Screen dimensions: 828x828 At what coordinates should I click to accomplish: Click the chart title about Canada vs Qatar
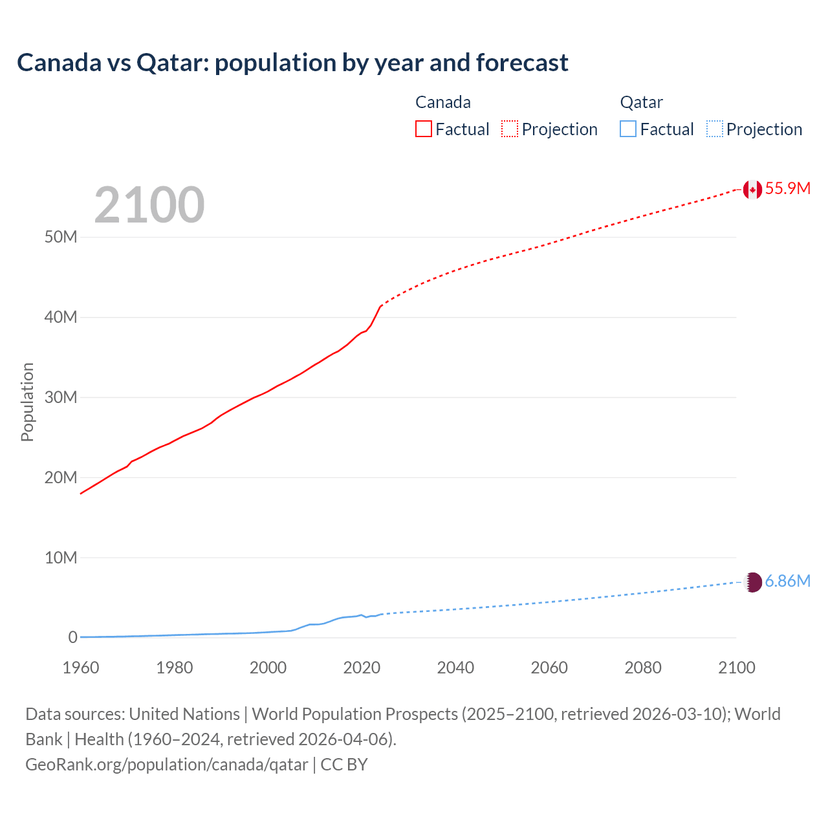coord(292,63)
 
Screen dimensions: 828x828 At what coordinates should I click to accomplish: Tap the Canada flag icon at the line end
coord(752,189)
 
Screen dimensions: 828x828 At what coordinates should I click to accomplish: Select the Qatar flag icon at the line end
coord(752,582)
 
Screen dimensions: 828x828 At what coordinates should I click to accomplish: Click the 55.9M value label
coord(787,188)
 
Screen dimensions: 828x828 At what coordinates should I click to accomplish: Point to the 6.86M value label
coord(787,582)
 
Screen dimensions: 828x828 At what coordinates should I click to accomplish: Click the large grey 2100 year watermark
coord(149,205)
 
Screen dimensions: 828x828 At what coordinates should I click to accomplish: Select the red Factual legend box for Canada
coord(423,129)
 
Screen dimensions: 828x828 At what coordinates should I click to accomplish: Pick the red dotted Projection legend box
coord(510,129)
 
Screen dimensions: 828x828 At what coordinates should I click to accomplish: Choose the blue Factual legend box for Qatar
coord(627,129)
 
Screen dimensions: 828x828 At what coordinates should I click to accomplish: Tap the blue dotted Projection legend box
coord(715,129)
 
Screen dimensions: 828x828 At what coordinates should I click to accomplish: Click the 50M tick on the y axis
coord(61,237)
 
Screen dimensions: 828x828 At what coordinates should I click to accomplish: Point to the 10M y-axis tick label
coord(61,558)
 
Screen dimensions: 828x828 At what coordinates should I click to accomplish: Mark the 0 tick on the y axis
coord(72,638)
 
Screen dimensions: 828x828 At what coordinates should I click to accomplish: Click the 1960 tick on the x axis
coord(81,668)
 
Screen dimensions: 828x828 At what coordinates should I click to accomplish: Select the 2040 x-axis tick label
coord(455,668)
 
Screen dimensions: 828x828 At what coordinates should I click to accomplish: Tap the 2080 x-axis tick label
coord(643,668)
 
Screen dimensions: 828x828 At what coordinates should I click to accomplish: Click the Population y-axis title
coord(27,402)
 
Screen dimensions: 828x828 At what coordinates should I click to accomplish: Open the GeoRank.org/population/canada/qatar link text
coord(167,765)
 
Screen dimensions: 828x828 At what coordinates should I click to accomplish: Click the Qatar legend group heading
coord(641,102)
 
